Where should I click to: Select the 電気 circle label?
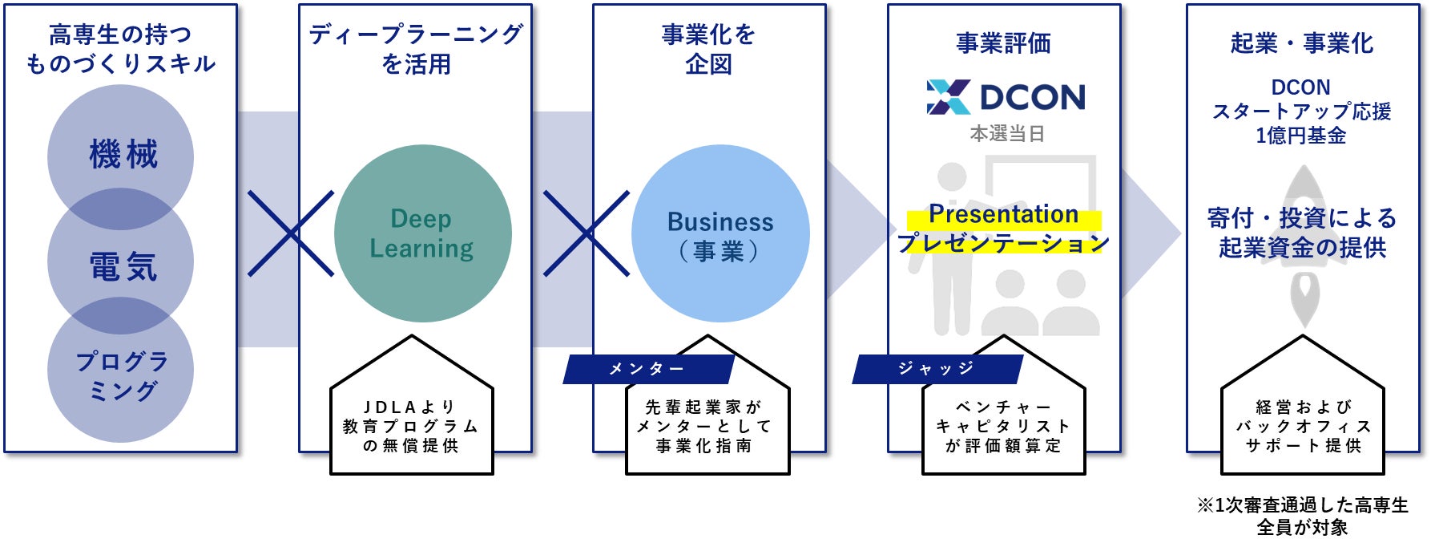[122, 265]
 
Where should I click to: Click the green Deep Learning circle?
[422, 233]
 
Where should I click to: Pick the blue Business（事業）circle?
[720, 234]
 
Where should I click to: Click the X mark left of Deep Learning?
[290, 233]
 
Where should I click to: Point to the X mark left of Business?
[587, 233]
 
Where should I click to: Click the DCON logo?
[1006, 97]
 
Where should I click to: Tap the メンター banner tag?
[647, 369]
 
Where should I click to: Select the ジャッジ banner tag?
[936, 369]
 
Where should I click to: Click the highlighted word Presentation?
[1003, 215]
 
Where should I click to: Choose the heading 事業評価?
[1003, 43]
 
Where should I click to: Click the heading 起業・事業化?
[1302, 43]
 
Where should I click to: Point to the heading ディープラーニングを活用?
[415, 49]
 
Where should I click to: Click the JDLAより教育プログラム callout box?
[411, 427]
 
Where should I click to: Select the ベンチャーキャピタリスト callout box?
[1003, 427]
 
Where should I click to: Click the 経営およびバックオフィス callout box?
[1303, 427]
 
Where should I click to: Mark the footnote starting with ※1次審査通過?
[1302, 516]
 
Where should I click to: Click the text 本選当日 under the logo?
[1007, 134]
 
